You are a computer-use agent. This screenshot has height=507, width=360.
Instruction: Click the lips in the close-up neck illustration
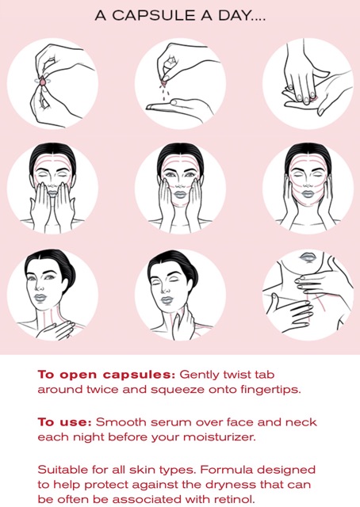(308, 257)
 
